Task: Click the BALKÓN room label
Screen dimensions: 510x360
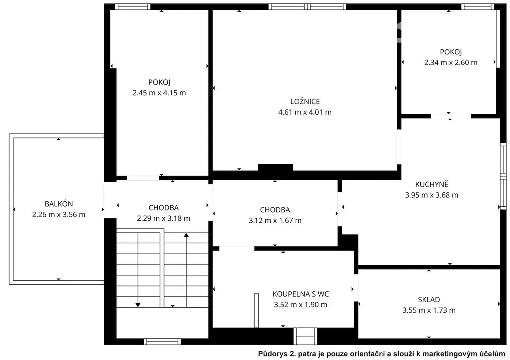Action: tap(59, 204)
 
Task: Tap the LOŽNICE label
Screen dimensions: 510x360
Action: tap(305, 102)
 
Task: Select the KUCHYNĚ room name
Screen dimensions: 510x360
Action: tap(432, 184)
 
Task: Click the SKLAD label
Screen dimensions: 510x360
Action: tap(429, 300)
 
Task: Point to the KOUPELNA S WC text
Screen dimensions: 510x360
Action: tap(300, 294)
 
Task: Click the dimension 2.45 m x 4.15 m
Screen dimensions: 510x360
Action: tap(159, 93)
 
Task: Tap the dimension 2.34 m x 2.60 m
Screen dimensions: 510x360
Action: tap(451, 62)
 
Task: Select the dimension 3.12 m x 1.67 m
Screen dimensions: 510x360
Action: tap(275, 220)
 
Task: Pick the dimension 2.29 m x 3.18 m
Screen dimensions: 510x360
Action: tap(163, 218)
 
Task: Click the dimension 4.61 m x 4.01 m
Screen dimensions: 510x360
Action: tap(305, 112)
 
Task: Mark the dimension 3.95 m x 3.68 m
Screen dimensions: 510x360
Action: tap(432, 195)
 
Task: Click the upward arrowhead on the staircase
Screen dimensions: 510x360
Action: tap(186, 235)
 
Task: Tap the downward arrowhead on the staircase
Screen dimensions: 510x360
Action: tap(138, 305)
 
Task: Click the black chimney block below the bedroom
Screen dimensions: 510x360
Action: tap(276, 167)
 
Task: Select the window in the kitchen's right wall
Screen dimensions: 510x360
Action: tap(503, 176)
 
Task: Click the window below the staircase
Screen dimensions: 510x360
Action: tap(162, 341)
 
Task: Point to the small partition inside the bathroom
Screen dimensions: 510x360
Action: tap(256, 310)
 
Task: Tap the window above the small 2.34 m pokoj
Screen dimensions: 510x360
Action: tap(477, 7)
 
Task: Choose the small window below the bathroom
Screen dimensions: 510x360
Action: tap(305, 336)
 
